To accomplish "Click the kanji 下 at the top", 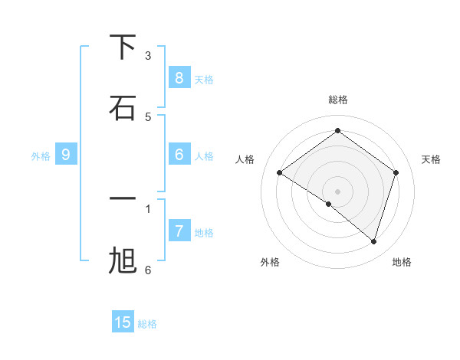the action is point(123,47).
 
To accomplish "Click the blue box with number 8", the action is point(179,77).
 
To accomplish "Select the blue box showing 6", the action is point(179,154).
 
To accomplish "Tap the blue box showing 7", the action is point(179,231).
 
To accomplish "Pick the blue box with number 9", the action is point(66,155).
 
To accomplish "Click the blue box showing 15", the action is point(123,322).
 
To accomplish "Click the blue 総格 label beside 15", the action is point(147,324).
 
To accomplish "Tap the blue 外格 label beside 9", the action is point(41,156).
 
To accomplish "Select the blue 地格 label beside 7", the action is point(204,233).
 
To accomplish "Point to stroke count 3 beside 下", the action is point(148,55).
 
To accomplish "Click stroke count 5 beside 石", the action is point(148,116).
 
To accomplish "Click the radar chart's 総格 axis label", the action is point(338,100).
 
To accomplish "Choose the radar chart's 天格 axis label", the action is point(431,159).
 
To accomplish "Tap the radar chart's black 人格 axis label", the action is point(245,159).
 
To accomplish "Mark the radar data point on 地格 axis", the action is point(374,242).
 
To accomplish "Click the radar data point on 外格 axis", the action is point(329,205).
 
